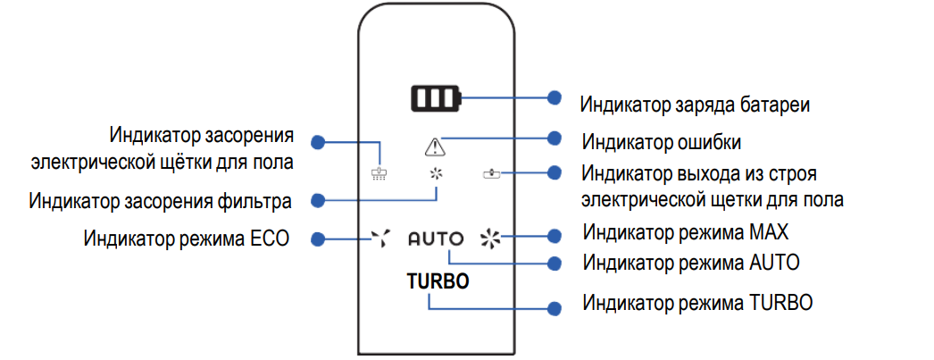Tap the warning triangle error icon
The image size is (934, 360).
435,147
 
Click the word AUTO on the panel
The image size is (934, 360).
436,239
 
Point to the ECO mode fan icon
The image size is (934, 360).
380,238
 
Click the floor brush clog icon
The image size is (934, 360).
380,172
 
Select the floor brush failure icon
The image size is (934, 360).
491,172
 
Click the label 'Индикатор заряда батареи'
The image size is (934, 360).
695,104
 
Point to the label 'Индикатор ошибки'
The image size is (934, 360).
662,142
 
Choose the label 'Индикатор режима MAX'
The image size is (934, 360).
686,234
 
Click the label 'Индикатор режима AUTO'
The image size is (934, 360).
690,264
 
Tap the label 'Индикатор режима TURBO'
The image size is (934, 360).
697,302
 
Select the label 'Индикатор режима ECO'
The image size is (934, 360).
187,239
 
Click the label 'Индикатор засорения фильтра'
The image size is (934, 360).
160,201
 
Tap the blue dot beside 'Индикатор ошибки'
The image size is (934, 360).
555,138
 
